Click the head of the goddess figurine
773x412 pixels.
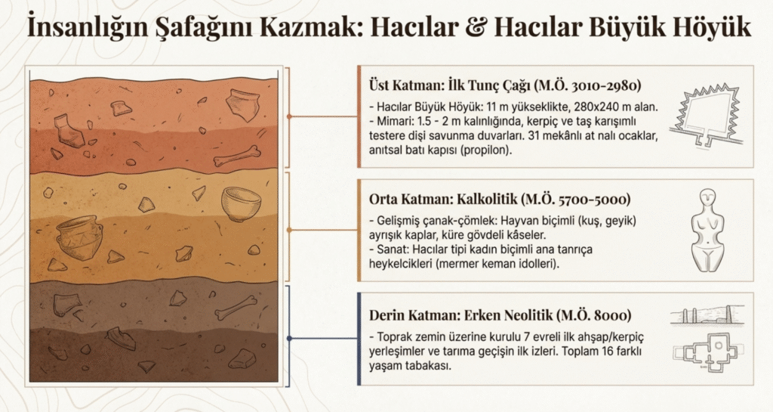coord(707,197)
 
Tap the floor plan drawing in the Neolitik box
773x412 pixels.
coord(707,352)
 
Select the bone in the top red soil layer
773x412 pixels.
coord(237,156)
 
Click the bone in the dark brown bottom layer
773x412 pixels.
coord(236,306)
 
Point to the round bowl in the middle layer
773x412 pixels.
coord(241,203)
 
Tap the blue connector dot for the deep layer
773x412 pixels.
coord(289,338)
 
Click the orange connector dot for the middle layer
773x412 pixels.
coord(289,230)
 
